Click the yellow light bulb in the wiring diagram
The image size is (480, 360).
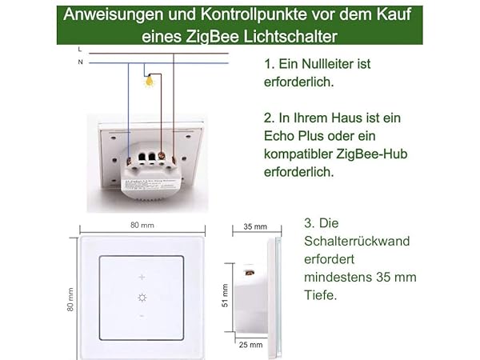pyautogui.click(x=148, y=80)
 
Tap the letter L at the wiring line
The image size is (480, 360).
pyautogui.click(x=81, y=50)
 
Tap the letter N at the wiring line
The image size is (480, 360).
pyautogui.click(x=81, y=62)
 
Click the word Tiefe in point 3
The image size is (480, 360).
pyautogui.click(x=320, y=294)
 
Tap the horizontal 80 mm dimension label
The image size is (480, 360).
pyautogui.click(x=142, y=226)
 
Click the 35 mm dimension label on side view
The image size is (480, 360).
pyautogui.click(x=252, y=226)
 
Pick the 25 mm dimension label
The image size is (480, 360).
pyautogui.click(x=250, y=345)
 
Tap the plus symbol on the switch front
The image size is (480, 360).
pyautogui.click(x=142, y=277)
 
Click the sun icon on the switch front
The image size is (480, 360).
pyautogui.click(x=142, y=297)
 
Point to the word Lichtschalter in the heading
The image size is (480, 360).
pyautogui.click(x=292, y=35)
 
